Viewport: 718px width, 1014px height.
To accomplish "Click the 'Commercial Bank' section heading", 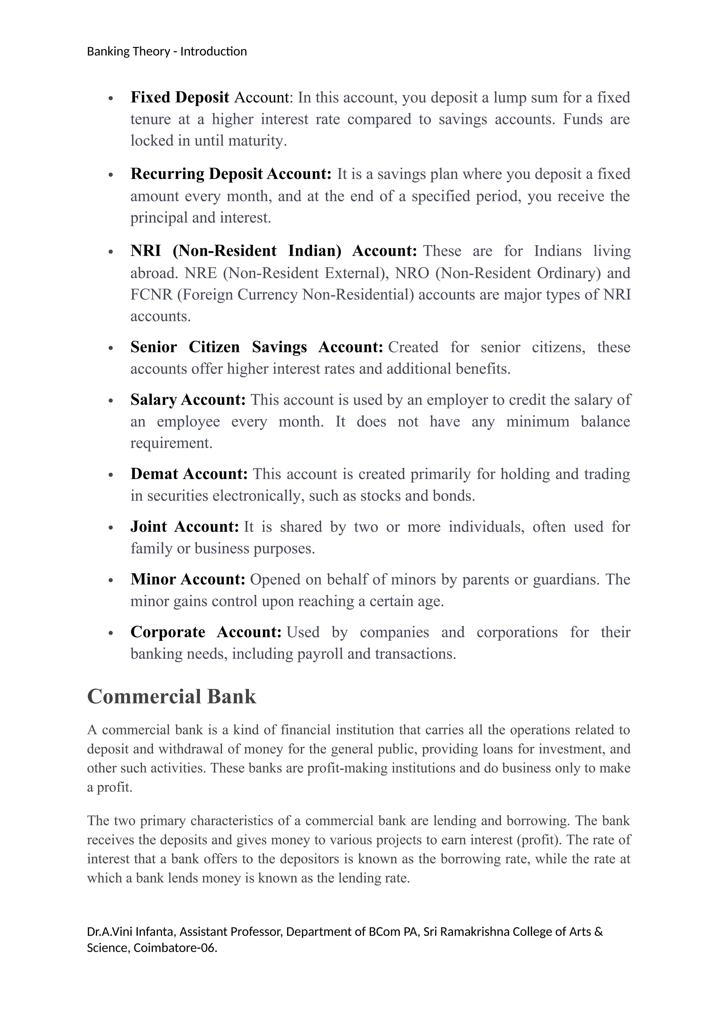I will tap(171, 697).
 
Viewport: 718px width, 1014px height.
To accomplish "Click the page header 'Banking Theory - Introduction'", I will tap(167, 52).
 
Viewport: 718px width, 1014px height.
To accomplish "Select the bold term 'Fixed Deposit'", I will tap(179, 97).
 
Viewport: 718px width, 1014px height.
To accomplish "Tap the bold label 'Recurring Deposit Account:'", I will tap(231, 174).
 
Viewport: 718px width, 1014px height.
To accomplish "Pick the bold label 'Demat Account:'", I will tap(189, 474).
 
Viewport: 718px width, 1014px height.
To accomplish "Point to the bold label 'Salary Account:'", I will tap(188, 400).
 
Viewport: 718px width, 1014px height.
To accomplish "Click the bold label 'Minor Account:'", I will tap(188, 579).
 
